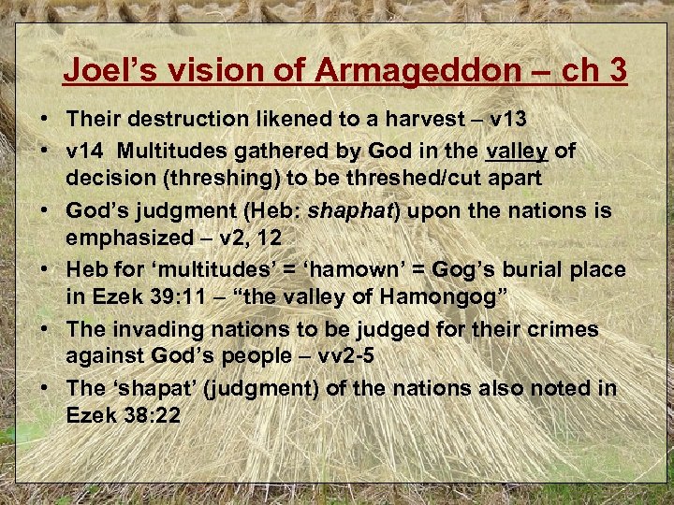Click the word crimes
(x=562, y=330)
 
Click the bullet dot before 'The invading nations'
(x=46, y=330)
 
